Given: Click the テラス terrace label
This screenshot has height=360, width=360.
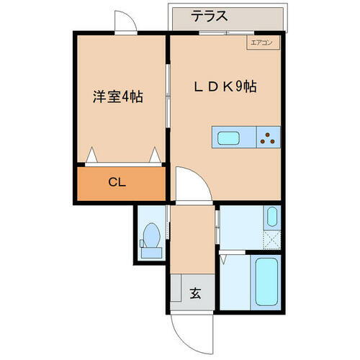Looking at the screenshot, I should click(x=210, y=16).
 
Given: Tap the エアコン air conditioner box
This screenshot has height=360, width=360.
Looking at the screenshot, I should click(x=260, y=43).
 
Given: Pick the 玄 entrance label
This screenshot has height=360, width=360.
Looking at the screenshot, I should click(x=195, y=293).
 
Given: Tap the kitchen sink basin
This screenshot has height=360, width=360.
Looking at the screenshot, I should click(x=230, y=137).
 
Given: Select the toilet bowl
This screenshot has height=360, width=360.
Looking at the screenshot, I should click(x=152, y=233).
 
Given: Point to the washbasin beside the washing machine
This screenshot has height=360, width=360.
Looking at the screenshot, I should click(x=271, y=216).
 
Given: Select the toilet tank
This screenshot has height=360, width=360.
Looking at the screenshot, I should click(x=151, y=251).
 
